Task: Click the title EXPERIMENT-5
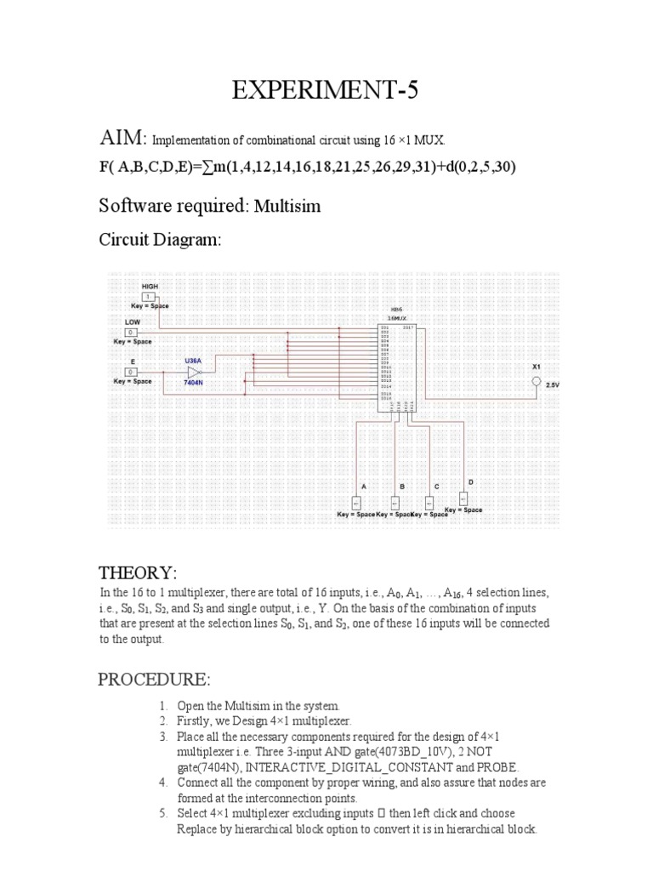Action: click(326, 92)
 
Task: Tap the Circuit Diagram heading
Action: click(160, 241)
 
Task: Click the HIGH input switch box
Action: click(150, 296)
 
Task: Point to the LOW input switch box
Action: click(132, 332)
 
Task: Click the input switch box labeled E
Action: click(132, 372)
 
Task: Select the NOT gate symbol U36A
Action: click(194, 372)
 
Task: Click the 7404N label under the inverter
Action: click(194, 384)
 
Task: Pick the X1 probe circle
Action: click(536, 382)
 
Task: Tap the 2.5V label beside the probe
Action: click(553, 385)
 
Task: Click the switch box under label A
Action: click(356, 502)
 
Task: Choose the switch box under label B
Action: click(395, 502)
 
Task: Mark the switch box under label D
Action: click(463, 498)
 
